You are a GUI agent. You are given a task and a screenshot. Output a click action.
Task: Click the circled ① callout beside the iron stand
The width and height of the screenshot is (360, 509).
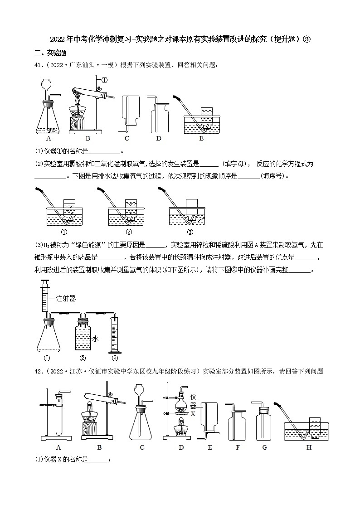(x=104, y=80)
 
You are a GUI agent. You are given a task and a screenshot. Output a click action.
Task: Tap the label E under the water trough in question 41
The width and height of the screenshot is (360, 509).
(x=201, y=139)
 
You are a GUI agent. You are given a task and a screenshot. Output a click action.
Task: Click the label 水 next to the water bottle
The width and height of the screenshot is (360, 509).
(x=96, y=338)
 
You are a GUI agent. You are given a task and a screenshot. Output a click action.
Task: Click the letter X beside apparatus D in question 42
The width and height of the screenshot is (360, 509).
(x=193, y=414)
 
